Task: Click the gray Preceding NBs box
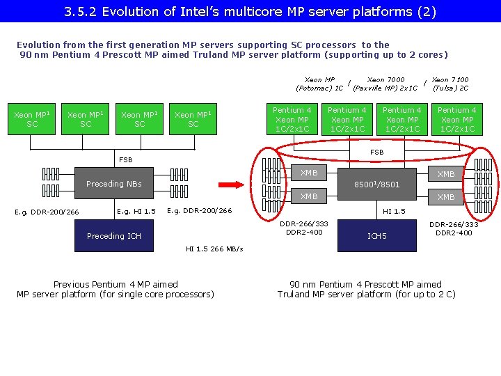(x=114, y=184)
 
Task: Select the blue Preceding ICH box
(x=114, y=236)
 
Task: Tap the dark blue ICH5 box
(x=376, y=236)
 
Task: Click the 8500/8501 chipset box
(x=376, y=184)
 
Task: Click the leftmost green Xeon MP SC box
(x=32, y=119)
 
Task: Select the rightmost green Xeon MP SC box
(x=193, y=119)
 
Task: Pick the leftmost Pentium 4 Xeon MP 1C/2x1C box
(x=292, y=119)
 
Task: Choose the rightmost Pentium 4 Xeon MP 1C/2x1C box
(x=456, y=119)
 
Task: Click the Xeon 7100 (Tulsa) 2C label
(x=450, y=84)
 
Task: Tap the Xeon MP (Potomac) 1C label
(x=319, y=84)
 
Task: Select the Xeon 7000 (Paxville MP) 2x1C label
(x=385, y=84)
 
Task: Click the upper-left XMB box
(x=309, y=173)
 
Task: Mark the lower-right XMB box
(x=446, y=197)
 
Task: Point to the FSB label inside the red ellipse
(x=376, y=152)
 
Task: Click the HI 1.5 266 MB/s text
(x=214, y=249)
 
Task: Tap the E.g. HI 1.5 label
(x=136, y=211)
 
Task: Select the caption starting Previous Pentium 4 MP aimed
(x=116, y=289)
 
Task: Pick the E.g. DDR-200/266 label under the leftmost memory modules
(x=47, y=212)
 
